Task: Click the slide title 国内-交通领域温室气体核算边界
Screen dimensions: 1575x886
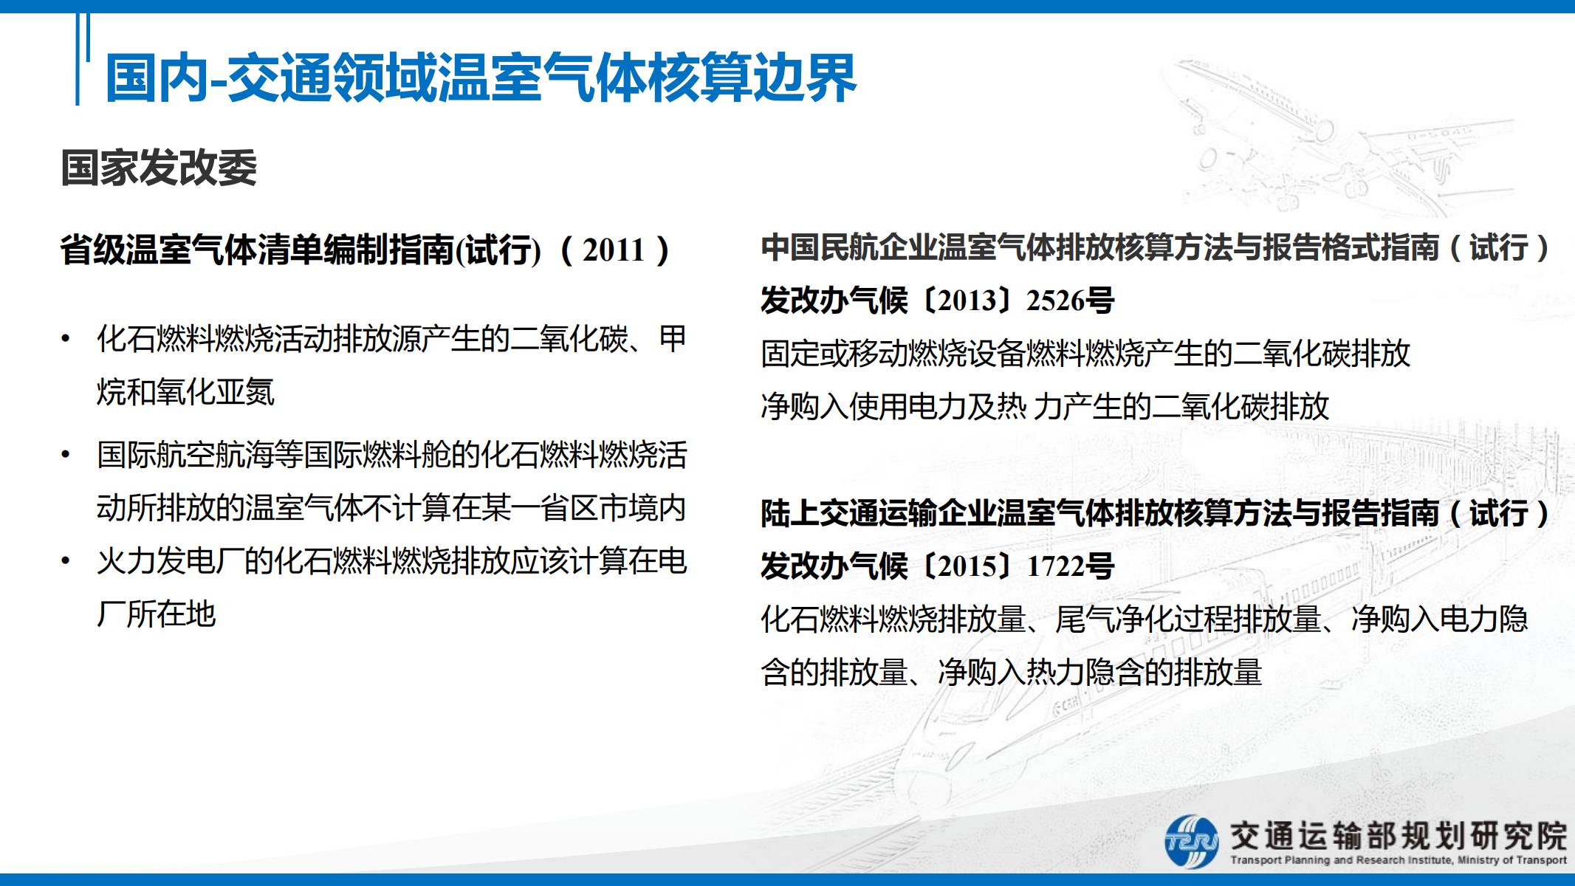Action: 481,78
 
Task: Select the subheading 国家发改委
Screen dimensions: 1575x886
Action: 159,168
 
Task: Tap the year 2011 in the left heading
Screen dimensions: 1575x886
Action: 614,250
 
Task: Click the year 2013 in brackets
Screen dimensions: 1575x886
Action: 968,301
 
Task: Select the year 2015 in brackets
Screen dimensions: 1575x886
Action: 968,566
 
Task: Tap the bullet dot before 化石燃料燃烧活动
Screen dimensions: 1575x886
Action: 66,340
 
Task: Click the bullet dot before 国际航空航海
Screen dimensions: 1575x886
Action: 66,455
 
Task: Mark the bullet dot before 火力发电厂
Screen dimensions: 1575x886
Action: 66,562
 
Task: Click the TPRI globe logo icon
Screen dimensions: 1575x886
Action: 1191,841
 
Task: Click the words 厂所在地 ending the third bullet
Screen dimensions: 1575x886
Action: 156,614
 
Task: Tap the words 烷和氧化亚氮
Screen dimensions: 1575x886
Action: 185,392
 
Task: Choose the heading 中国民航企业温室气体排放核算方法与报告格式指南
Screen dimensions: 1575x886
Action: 1100,247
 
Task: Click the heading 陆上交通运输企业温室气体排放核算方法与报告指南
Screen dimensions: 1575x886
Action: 1100,513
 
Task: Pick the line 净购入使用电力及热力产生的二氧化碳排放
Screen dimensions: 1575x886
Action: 1045,406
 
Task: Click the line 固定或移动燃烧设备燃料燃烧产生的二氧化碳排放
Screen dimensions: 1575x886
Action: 1085,354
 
